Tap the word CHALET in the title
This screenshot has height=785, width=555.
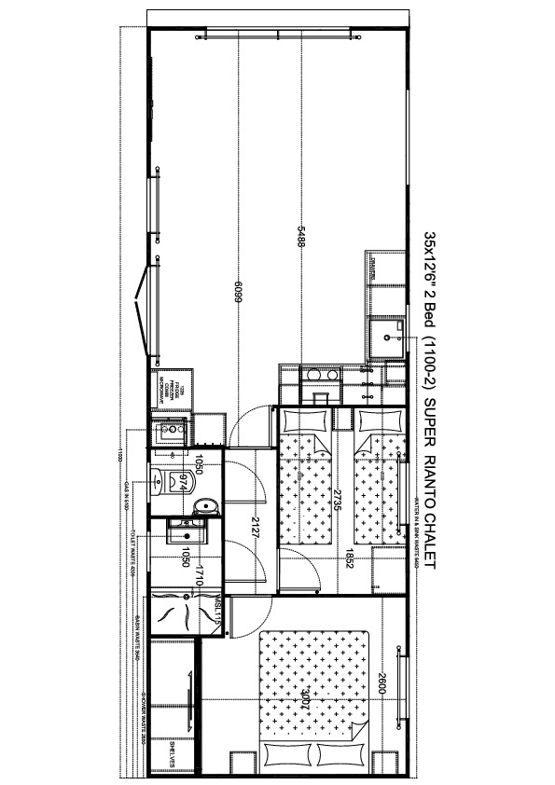[430, 535]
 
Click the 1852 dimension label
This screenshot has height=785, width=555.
[347, 562]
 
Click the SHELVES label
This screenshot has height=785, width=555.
[173, 754]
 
